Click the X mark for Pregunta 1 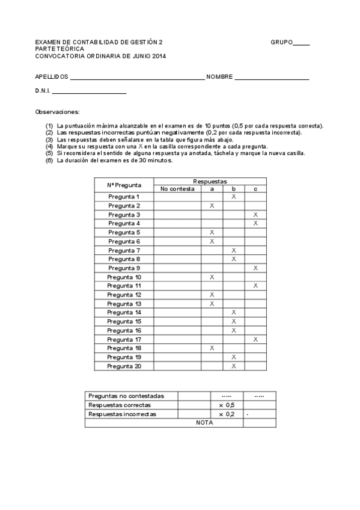pyautogui.click(x=234, y=197)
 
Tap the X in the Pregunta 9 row pyautogui.click(x=255, y=268)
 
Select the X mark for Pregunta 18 pyautogui.click(x=212, y=348)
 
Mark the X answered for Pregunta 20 pyautogui.click(x=234, y=366)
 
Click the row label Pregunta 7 pyautogui.click(x=124, y=250)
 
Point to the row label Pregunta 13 pyautogui.click(x=124, y=304)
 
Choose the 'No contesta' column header pyautogui.click(x=177, y=189)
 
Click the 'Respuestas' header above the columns pyautogui.click(x=210, y=181)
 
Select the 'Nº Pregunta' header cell pyautogui.click(x=124, y=185)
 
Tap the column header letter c pyautogui.click(x=255, y=189)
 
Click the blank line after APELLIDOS pyautogui.click(x=137, y=79)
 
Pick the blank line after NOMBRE pyautogui.click(x=272, y=79)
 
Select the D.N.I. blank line pyautogui.click(x=90, y=93)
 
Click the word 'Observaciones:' pyautogui.click(x=57, y=112)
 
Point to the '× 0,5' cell pyautogui.click(x=227, y=405)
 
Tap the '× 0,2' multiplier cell pyautogui.click(x=227, y=414)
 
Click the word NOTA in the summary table pyautogui.click(x=204, y=423)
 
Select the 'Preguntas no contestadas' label pyautogui.click(x=126, y=396)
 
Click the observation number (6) pyautogui.click(x=49, y=161)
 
